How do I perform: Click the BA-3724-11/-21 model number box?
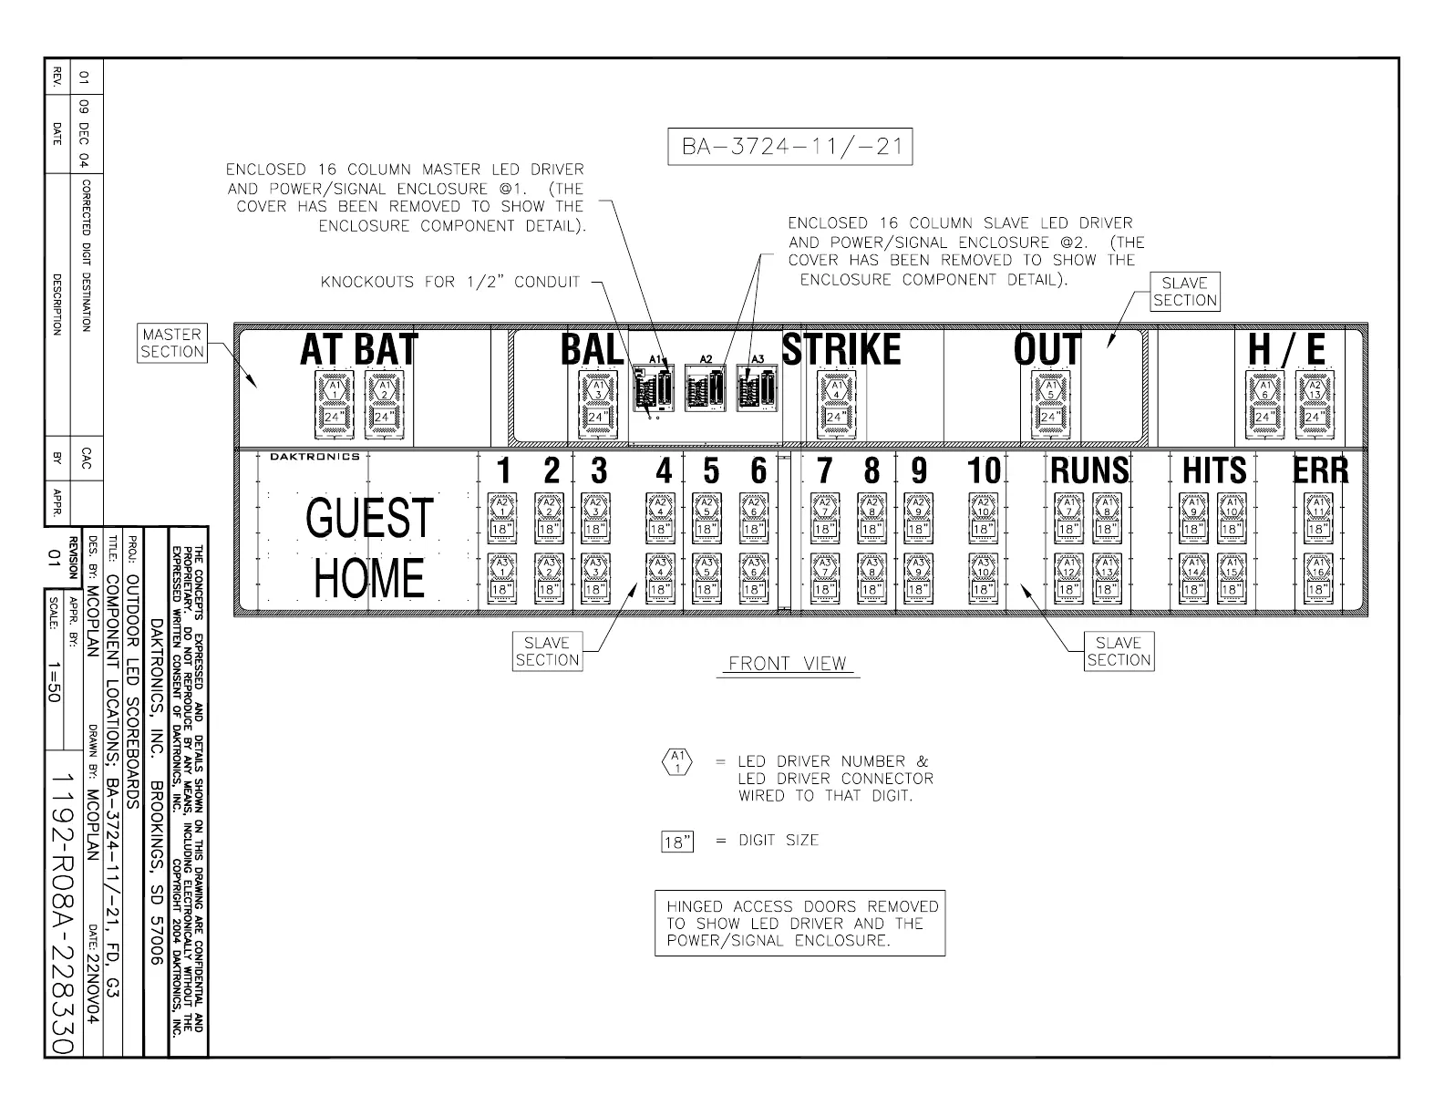(x=790, y=147)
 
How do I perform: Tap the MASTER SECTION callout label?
(x=172, y=343)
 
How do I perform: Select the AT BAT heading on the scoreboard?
(x=358, y=350)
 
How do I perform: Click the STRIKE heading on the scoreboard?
(x=841, y=350)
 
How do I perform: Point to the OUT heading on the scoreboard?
(x=1047, y=350)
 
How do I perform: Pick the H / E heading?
(x=1286, y=350)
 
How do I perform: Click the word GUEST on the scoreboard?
(x=369, y=517)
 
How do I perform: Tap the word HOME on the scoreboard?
(x=369, y=578)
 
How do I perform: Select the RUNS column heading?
(x=1089, y=470)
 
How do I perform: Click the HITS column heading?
(x=1213, y=470)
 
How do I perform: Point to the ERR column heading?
(x=1321, y=470)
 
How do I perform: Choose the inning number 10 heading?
(x=984, y=471)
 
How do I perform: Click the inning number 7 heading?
(x=824, y=471)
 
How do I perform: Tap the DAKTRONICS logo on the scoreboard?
(x=315, y=456)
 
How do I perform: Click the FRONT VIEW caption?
(x=788, y=664)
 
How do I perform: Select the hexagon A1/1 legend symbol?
(x=676, y=761)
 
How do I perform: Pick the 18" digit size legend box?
(x=676, y=842)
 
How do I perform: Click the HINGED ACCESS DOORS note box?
(x=799, y=923)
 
